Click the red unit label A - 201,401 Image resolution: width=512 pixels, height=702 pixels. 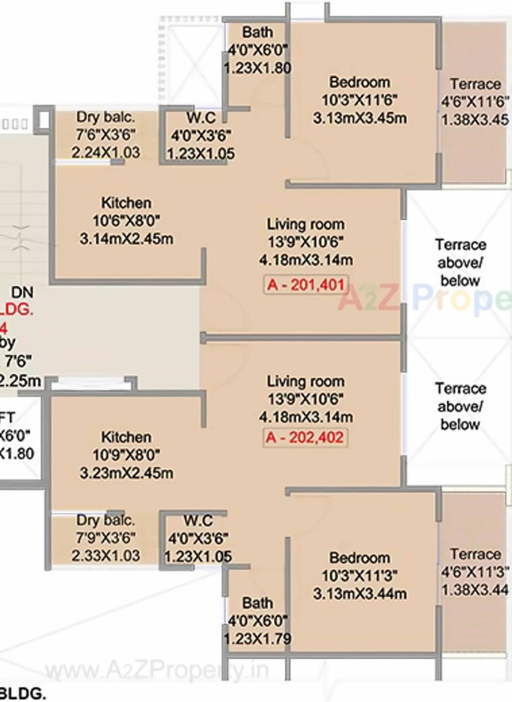tap(306, 285)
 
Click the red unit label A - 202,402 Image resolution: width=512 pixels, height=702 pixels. tap(305, 437)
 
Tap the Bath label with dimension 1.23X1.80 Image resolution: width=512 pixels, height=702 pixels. tap(258, 68)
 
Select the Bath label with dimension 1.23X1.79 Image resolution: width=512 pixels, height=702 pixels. tap(258, 638)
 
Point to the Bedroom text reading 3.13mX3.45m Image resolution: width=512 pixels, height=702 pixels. tap(360, 118)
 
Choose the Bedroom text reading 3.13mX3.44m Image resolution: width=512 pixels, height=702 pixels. tap(360, 594)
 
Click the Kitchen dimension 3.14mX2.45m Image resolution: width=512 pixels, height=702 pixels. tap(127, 238)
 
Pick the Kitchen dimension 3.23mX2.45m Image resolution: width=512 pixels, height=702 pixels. tap(127, 473)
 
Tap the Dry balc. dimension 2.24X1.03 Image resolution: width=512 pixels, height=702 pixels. tap(106, 153)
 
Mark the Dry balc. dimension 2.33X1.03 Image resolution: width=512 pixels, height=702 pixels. tap(106, 556)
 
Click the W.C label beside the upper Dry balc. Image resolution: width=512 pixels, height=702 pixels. tap(201, 118)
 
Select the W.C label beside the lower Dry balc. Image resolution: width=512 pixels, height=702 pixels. tap(198, 520)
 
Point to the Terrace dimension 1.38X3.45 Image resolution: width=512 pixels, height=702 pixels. tap(475, 120)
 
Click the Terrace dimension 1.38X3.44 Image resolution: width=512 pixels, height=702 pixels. tap(475, 590)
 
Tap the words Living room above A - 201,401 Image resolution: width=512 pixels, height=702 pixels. tap(306, 224)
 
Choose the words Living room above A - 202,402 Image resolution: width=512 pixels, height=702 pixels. tap(306, 381)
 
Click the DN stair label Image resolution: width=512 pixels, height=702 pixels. tap(22, 292)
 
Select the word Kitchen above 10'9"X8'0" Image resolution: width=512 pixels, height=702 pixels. tap(126, 437)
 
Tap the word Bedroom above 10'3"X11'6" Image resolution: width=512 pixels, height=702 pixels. tap(360, 82)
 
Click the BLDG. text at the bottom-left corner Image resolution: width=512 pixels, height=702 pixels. tap(22, 694)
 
